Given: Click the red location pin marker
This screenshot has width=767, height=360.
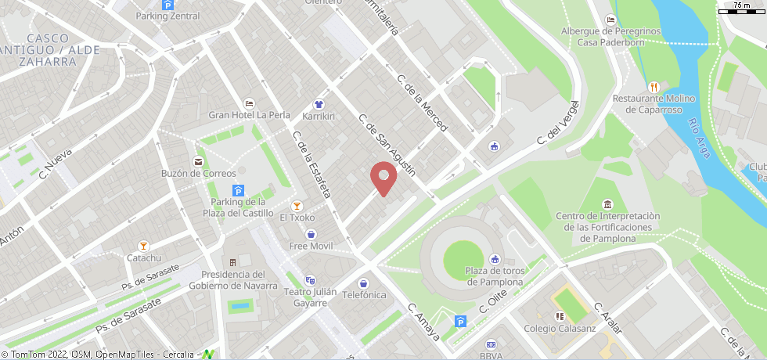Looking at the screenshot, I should [383, 178].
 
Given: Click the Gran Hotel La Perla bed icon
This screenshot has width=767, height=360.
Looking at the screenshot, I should [249, 103].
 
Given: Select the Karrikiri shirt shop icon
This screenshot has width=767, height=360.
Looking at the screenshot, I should [319, 103].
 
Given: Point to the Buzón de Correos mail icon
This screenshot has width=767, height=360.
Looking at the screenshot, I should [198, 161].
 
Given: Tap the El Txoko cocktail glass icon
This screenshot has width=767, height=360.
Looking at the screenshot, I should [297, 205].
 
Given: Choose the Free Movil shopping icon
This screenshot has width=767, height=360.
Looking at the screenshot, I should [311, 234].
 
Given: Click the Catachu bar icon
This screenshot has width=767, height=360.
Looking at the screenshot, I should [143, 246].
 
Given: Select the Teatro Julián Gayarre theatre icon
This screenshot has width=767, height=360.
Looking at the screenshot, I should [310, 280].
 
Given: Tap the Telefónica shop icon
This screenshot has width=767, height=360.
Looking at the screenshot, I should [363, 283].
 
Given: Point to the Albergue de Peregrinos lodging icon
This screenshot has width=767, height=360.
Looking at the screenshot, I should [610, 20].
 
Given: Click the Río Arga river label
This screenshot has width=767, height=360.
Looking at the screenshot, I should [700, 137].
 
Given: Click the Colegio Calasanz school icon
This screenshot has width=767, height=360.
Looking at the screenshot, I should [560, 316].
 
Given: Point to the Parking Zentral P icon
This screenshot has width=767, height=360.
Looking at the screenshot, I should [167, 5].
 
